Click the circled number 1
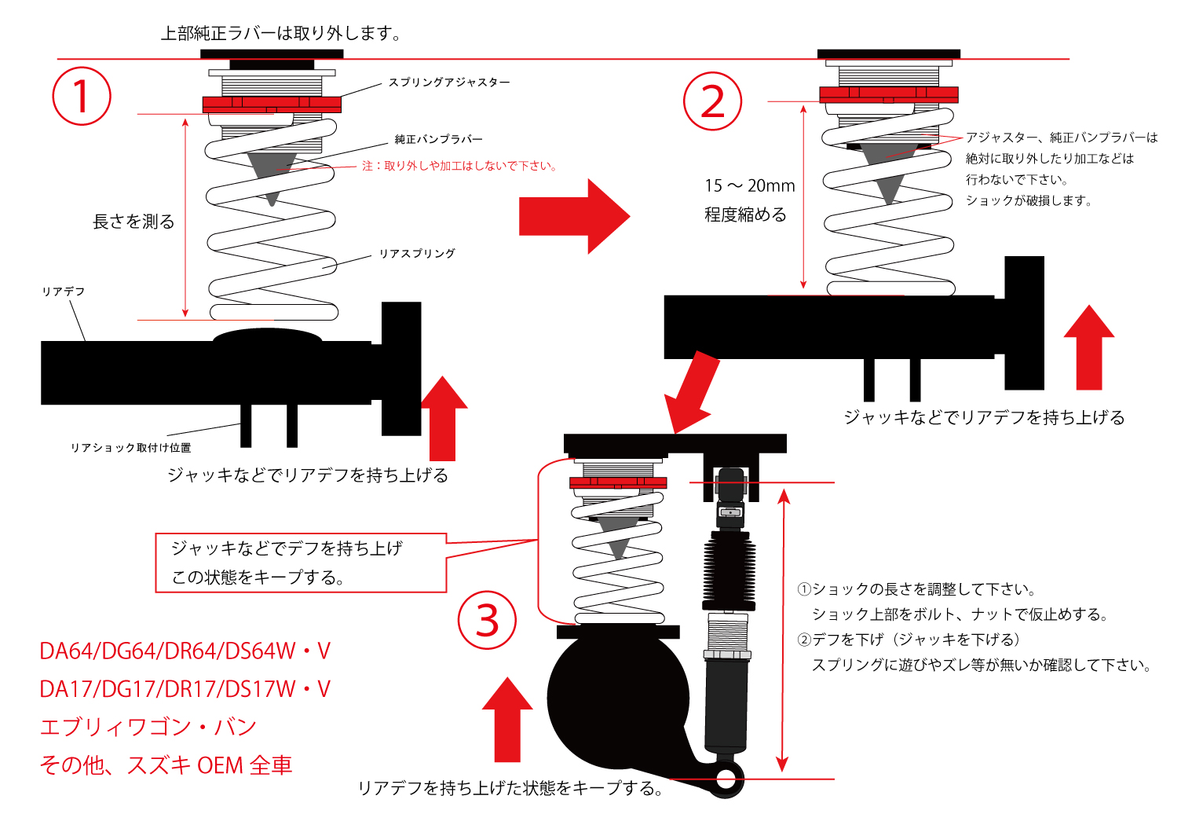click(x=82, y=97)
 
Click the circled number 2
click(x=712, y=101)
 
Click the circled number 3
click(x=488, y=621)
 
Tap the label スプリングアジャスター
click(x=449, y=82)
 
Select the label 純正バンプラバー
click(x=438, y=140)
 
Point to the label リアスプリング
click(x=417, y=254)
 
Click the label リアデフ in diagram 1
click(x=64, y=291)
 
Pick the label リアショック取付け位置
click(x=131, y=448)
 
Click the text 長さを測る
click(x=133, y=222)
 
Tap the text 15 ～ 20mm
click(x=749, y=186)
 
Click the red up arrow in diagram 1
click(x=444, y=418)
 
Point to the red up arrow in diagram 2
click(x=1089, y=347)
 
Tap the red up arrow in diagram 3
click(x=507, y=719)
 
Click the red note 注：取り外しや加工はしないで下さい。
click(x=459, y=166)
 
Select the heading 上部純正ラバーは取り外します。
click(x=281, y=34)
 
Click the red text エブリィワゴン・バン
click(x=148, y=727)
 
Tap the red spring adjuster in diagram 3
click(x=618, y=482)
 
